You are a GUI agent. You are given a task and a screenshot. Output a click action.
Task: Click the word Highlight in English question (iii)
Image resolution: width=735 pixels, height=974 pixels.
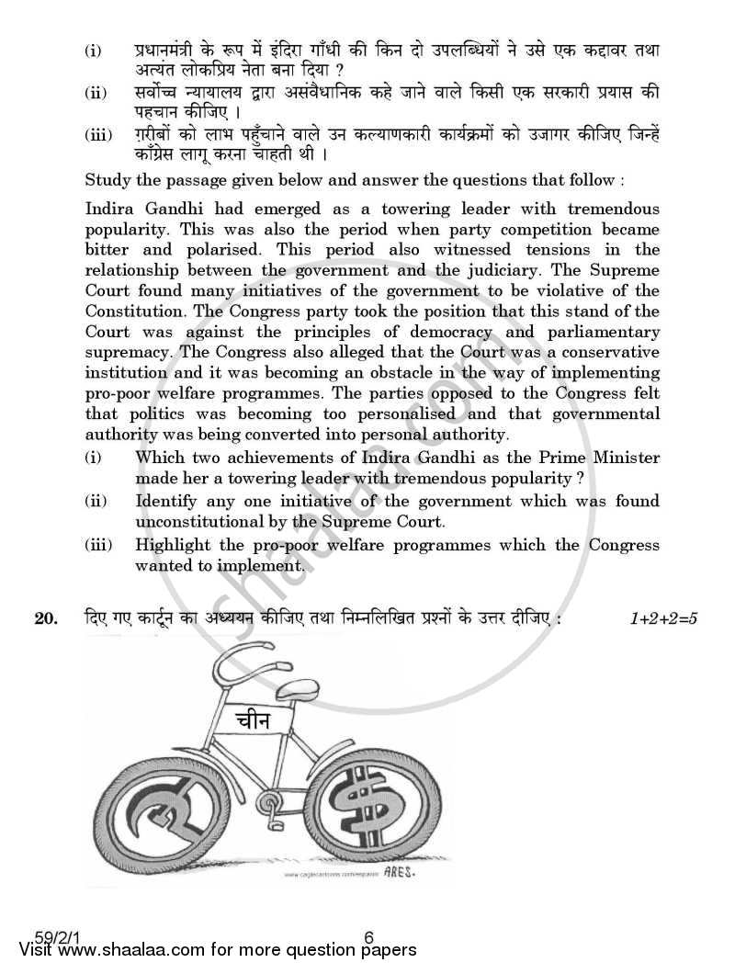click(175, 545)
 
